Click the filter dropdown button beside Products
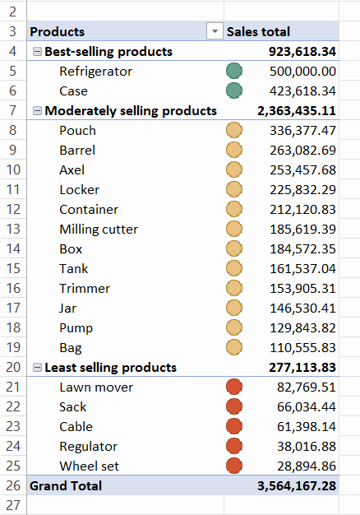(x=215, y=31)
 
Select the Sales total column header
(x=258, y=32)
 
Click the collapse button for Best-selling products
(x=38, y=52)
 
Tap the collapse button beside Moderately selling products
(x=38, y=111)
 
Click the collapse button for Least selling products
(x=38, y=368)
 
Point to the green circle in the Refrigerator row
(x=234, y=71)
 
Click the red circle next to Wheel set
(x=234, y=466)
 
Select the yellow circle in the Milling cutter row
(x=234, y=229)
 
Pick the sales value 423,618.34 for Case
(x=302, y=91)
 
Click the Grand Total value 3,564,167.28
(x=297, y=486)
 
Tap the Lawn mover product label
(x=96, y=387)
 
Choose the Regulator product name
(x=88, y=447)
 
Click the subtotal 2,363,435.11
(x=297, y=111)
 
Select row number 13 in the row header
(x=13, y=229)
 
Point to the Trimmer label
(x=85, y=289)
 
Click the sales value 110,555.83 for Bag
(x=302, y=348)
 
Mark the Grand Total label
(x=66, y=486)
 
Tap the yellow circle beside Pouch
(x=234, y=130)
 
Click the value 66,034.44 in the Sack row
(x=307, y=407)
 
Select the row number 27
(x=13, y=505)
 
